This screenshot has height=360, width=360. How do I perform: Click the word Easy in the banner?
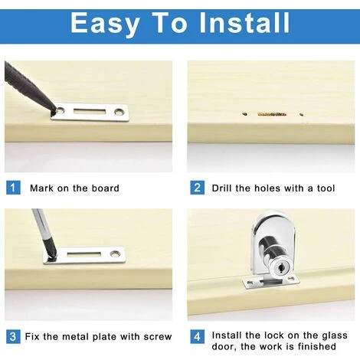[x=105, y=24]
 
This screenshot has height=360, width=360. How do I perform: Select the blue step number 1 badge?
[x=13, y=188]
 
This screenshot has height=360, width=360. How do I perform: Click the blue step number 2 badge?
[x=197, y=188]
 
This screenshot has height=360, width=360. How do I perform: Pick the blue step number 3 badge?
[x=13, y=336]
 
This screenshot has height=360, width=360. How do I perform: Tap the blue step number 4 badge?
[x=197, y=336]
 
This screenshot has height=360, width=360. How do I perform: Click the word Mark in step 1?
[x=41, y=188]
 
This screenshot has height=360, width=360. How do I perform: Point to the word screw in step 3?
[x=158, y=337]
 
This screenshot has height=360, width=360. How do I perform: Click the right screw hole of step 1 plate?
[x=119, y=112]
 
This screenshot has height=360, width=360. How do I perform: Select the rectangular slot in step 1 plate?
[x=90, y=111]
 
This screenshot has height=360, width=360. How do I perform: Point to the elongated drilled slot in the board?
[x=272, y=114]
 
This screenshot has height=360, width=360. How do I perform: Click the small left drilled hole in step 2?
[x=244, y=114]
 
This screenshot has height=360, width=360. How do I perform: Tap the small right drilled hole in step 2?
[x=301, y=114]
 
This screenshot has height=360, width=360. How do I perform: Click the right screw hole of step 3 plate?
[x=115, y=254]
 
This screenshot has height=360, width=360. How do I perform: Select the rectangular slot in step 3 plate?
[x=83, y=254]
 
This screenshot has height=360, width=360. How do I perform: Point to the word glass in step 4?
[x=335, y=335]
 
